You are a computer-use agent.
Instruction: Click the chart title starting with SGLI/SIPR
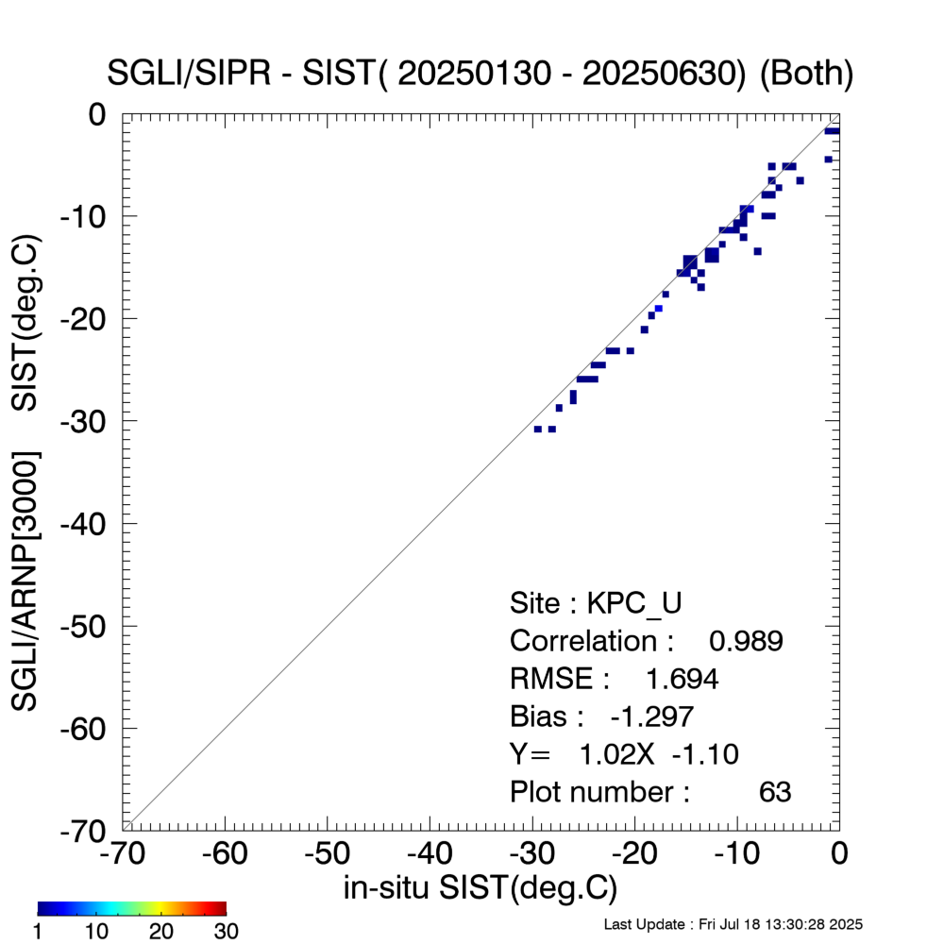[481, 75]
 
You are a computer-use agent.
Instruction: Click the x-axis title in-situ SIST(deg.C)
[480, 888]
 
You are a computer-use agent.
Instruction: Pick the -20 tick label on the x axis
[634, 855]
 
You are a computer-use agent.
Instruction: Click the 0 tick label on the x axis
[838, 855]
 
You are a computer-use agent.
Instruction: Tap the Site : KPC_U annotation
[596, 603]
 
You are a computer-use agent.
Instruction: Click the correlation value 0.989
[746, 641]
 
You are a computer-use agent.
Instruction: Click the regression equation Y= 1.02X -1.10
[623, 754]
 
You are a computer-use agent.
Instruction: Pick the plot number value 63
[775, 792]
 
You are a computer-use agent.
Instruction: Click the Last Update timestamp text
[733, 923]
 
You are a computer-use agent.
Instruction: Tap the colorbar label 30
[226, 932]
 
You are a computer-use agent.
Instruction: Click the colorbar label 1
[40, 932]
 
